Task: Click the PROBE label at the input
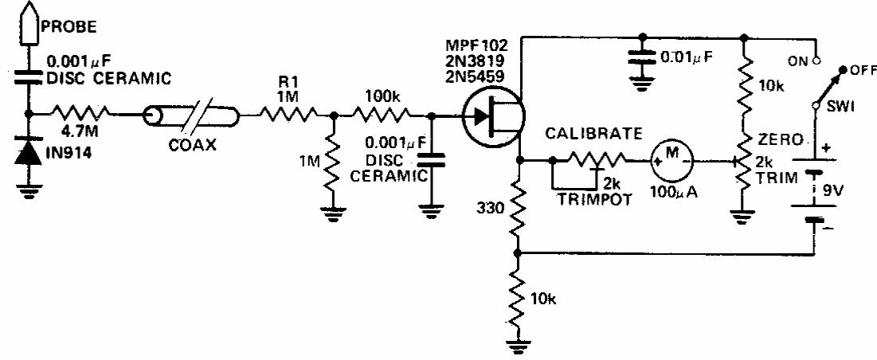(x=59, y=25)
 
